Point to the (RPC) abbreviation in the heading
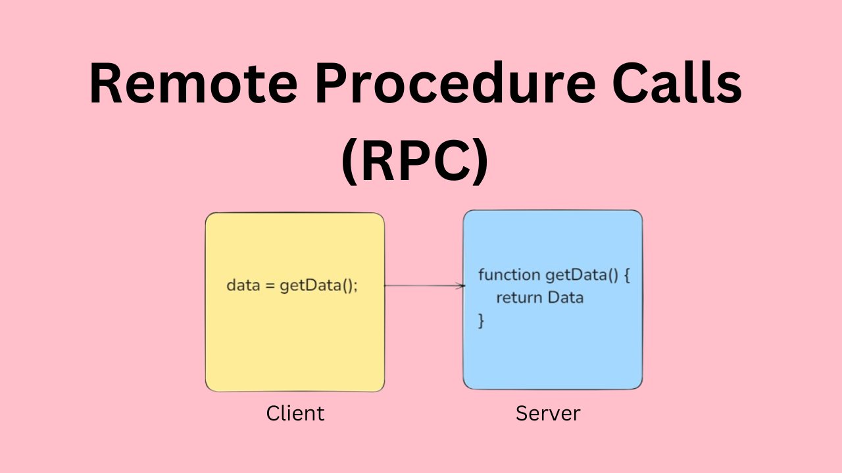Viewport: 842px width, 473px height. pos(415,162)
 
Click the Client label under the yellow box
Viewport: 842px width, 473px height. pos(295,413)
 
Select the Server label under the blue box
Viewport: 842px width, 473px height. pos(548,413)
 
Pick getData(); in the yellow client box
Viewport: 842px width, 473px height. pos(319,286)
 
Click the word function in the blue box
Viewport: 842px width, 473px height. pos(509,275)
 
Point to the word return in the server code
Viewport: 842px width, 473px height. pos(519,298)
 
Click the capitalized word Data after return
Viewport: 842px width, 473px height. pos(566,298)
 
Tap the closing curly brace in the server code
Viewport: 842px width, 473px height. pos(481,320)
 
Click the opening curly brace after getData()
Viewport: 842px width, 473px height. pos(627,275)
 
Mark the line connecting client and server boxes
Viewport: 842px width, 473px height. pos(421,286)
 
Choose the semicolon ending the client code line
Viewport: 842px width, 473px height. pos(356,288)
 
